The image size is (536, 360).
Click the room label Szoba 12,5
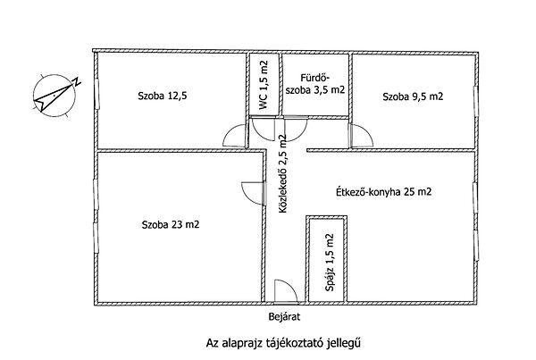(163, 96)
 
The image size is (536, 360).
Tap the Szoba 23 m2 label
(171, 224)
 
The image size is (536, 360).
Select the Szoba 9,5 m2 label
(413, 96)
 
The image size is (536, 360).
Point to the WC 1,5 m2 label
(264, 85)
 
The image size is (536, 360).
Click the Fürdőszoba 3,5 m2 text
(314, 83)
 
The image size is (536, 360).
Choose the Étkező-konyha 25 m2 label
(383, 192)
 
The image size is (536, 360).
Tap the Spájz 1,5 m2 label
(330, 263)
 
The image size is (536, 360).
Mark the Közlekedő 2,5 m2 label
(282, 174)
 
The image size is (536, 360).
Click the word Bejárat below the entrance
(284, 317)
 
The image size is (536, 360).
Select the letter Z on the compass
(77, 81)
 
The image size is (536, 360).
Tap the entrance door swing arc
(289, 286)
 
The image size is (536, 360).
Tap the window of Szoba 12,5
(96, 94)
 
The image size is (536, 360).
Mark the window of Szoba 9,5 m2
(475, 101)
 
